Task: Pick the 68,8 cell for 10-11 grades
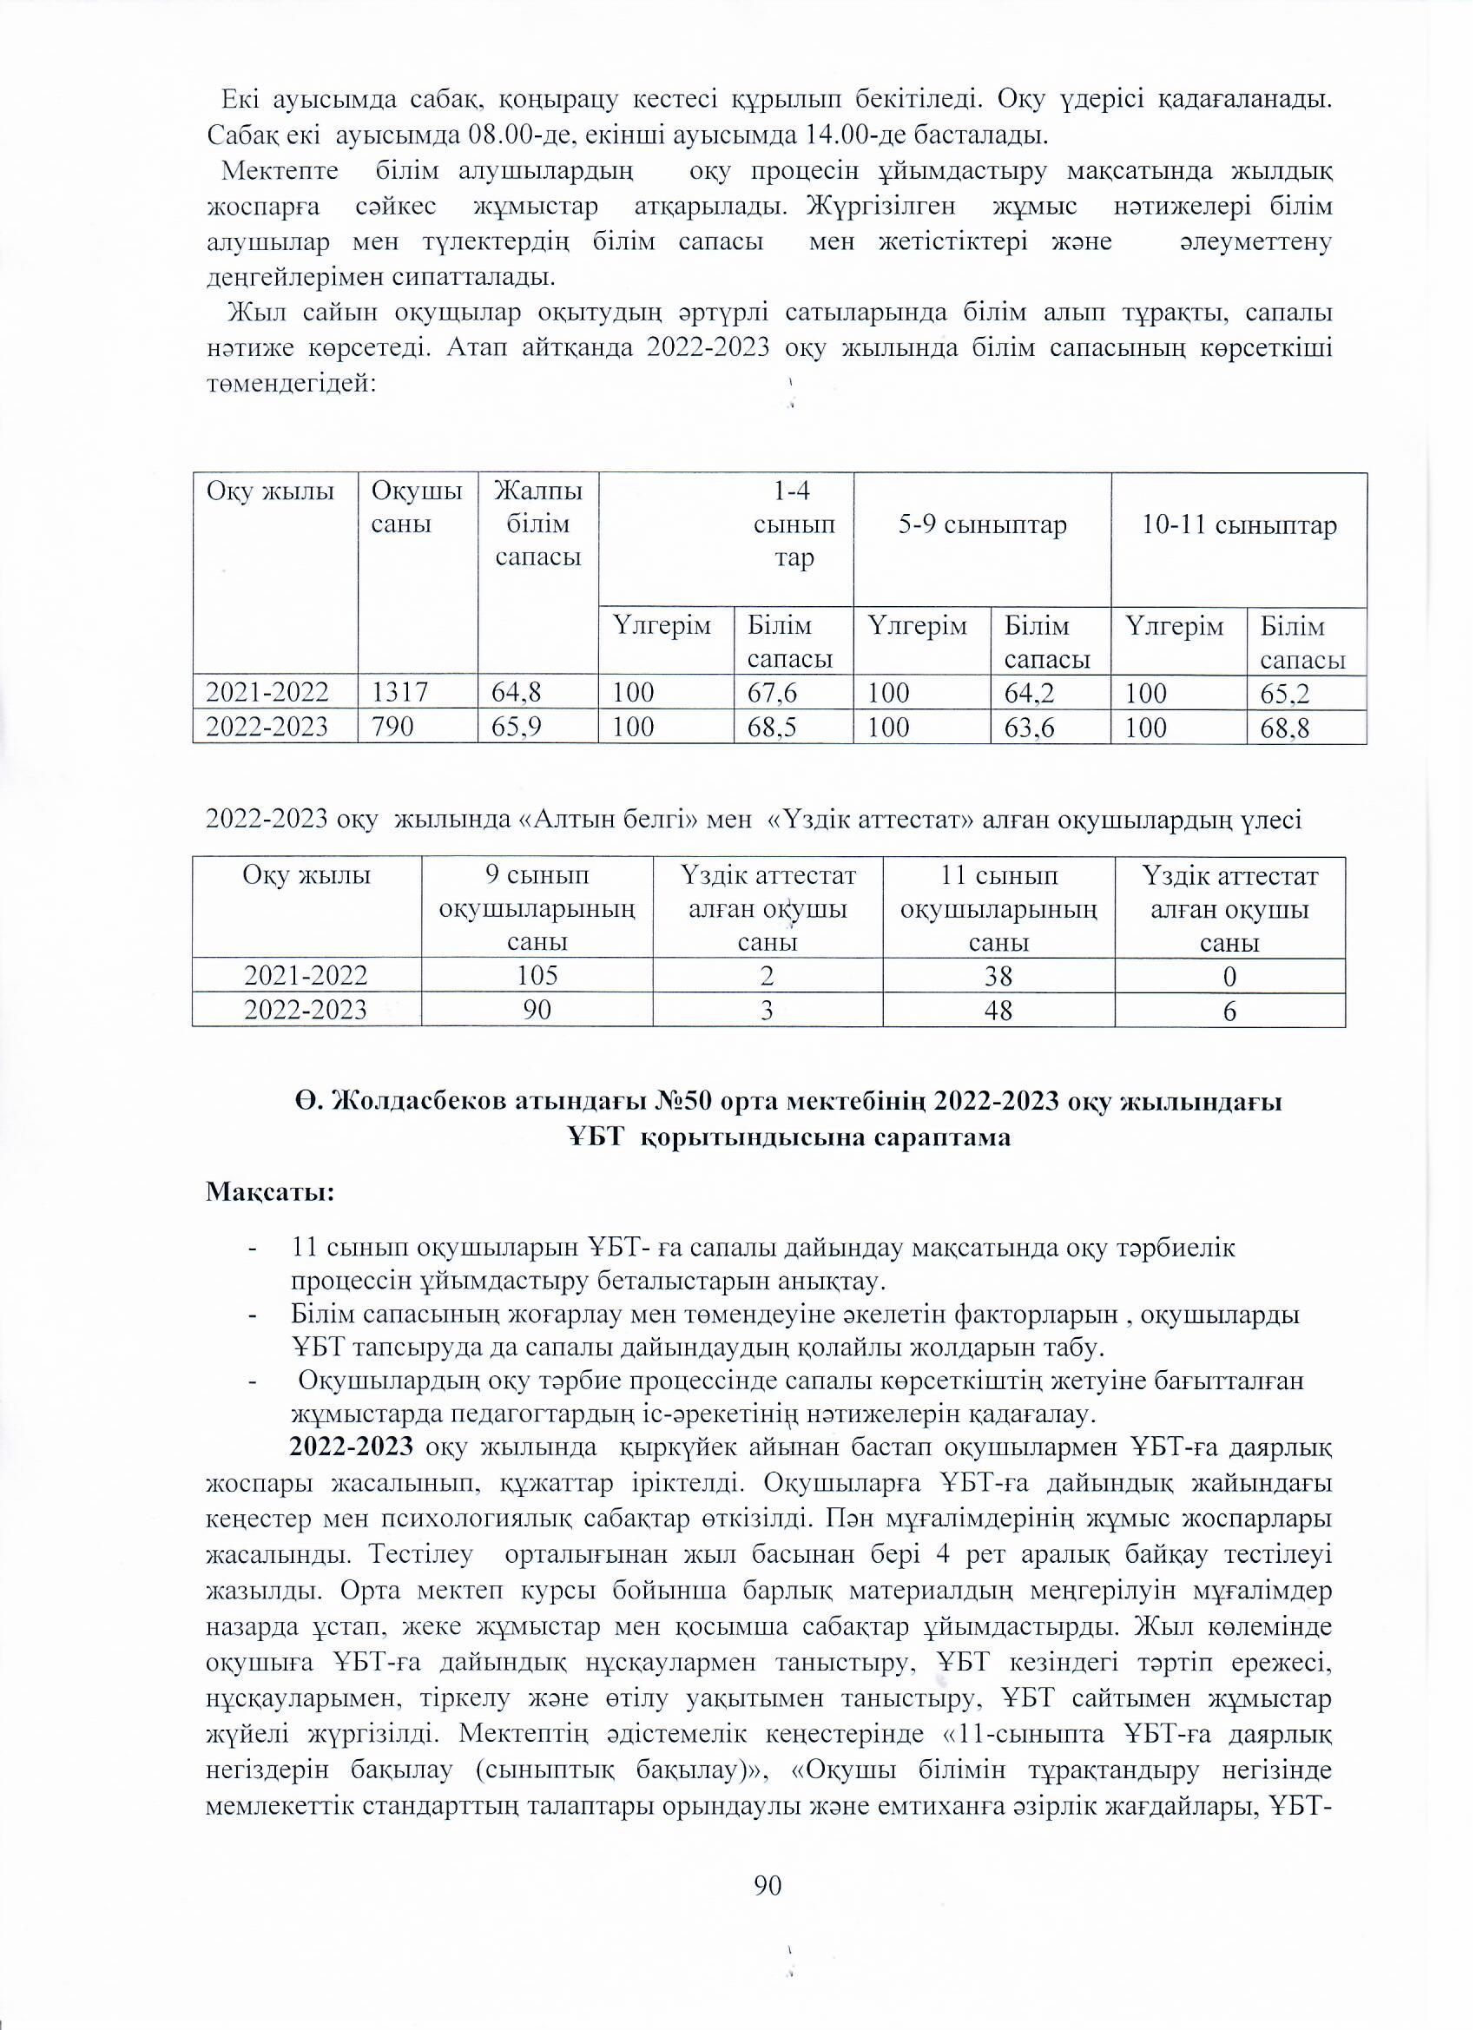coord(1284,728)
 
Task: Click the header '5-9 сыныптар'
coord(982,525)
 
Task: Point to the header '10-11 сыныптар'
coord(1239,525)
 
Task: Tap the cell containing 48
coord(998,1010)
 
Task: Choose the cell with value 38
coord(998,975)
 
